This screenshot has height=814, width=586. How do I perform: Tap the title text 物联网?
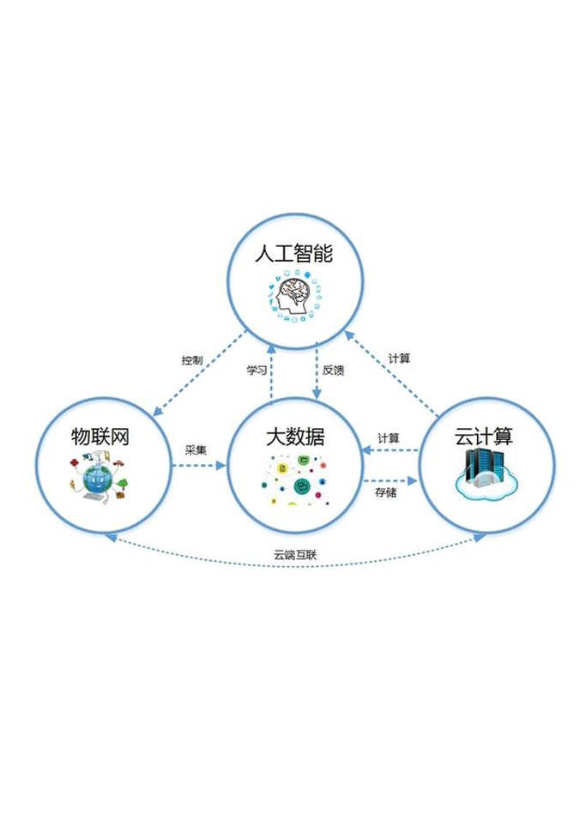[x=100, y=436]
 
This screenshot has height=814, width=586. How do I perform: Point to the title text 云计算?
[x=483, y=436]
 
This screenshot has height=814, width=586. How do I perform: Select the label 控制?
[x=192, y=360]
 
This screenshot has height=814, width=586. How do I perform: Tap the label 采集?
[x=196, y=449]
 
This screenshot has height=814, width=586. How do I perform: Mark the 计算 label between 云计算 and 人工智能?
[x=399, y=358]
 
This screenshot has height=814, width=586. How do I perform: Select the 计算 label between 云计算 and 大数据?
[x=389, y=437]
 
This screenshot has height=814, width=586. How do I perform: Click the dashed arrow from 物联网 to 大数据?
[x=197, y=466]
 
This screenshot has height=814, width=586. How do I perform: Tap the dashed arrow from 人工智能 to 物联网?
[x=193, y=381]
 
